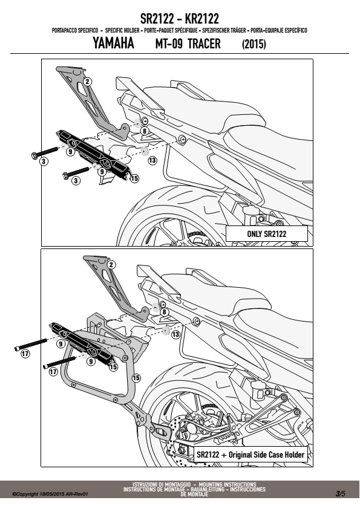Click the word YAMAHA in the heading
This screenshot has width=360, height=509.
(x=113, y=43)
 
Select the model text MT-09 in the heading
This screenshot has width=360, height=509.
(x=169, y=44)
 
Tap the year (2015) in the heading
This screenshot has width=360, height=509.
(x=254, y=44)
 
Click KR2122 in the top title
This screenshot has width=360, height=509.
(x=201, y=19)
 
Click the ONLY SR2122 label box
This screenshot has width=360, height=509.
(x=266, y=234)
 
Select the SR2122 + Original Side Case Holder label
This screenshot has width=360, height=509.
(x=250, y=455)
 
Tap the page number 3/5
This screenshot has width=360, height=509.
(x=341, y=494)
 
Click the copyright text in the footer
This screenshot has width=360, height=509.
(x=50, y=494)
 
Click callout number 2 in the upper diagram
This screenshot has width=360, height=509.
(x=87, y=82)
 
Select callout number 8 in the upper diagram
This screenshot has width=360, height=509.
(x=144, y=131)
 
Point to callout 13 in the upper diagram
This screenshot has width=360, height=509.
(x=152, y=160)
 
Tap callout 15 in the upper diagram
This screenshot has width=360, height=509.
(x=134, y=178)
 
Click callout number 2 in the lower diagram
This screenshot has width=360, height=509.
(x=111, y=265)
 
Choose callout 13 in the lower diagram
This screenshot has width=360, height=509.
(x=175, y=334)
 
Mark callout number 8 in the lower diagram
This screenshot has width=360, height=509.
(x=165, y=313)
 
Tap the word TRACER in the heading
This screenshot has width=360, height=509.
(x=204, y=44)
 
